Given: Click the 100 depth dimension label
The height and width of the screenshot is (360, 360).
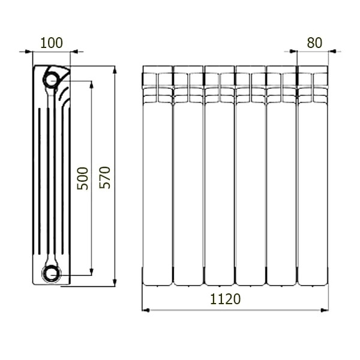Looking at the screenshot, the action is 52,43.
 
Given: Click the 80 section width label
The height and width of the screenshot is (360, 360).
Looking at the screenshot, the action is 314,43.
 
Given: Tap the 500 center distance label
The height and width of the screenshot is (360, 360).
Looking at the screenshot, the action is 82,179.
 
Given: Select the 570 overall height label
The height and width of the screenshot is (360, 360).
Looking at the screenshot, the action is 104,178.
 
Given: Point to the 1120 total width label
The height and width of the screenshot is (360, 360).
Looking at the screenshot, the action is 226,299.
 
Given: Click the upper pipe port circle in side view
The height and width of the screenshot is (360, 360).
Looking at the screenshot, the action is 51,80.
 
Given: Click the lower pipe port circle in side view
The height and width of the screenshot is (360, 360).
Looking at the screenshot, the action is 51,274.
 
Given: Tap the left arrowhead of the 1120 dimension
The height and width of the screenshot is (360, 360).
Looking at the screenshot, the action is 146,310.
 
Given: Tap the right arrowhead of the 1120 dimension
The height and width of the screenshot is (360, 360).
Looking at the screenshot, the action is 325,310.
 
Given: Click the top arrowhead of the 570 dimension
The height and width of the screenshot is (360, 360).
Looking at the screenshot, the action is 115,70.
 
